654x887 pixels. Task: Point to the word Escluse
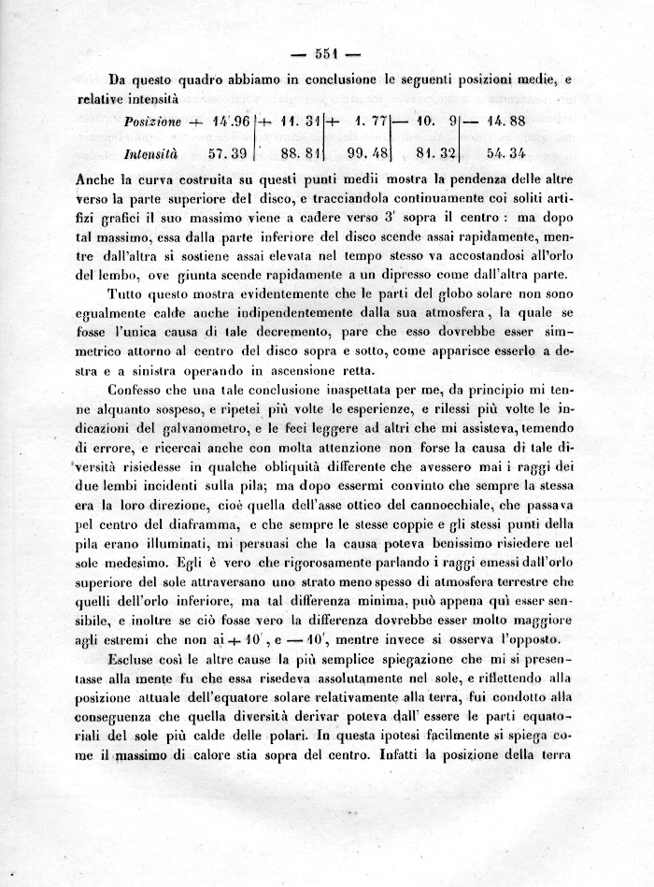click(135, 660)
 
